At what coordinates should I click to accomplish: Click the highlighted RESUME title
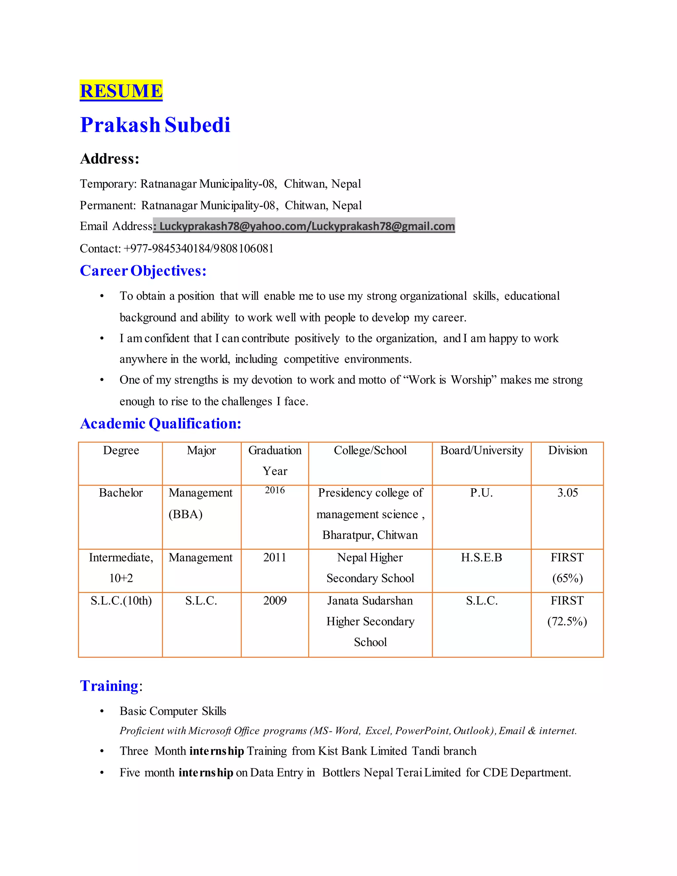click(121, 91)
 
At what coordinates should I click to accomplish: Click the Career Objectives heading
click(143, 271)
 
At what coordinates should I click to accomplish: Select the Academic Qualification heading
click(160, 423)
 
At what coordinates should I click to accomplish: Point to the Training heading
click(109, 686)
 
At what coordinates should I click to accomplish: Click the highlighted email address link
click(307, 226)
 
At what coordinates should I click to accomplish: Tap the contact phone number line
click(177, 249)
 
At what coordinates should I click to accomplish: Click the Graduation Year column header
click(275, 460)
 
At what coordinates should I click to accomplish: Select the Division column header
click(567, 451)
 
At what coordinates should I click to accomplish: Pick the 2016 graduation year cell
click(275, 490)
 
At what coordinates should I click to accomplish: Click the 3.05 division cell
click(567, 493)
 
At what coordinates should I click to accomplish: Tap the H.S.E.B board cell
click(481, 558)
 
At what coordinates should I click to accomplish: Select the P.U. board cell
click(481, 493)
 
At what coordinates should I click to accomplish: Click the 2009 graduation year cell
click(275, 601)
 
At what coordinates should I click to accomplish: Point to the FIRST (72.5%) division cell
click(567, 611)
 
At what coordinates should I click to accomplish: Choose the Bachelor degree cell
click(121, 493)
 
